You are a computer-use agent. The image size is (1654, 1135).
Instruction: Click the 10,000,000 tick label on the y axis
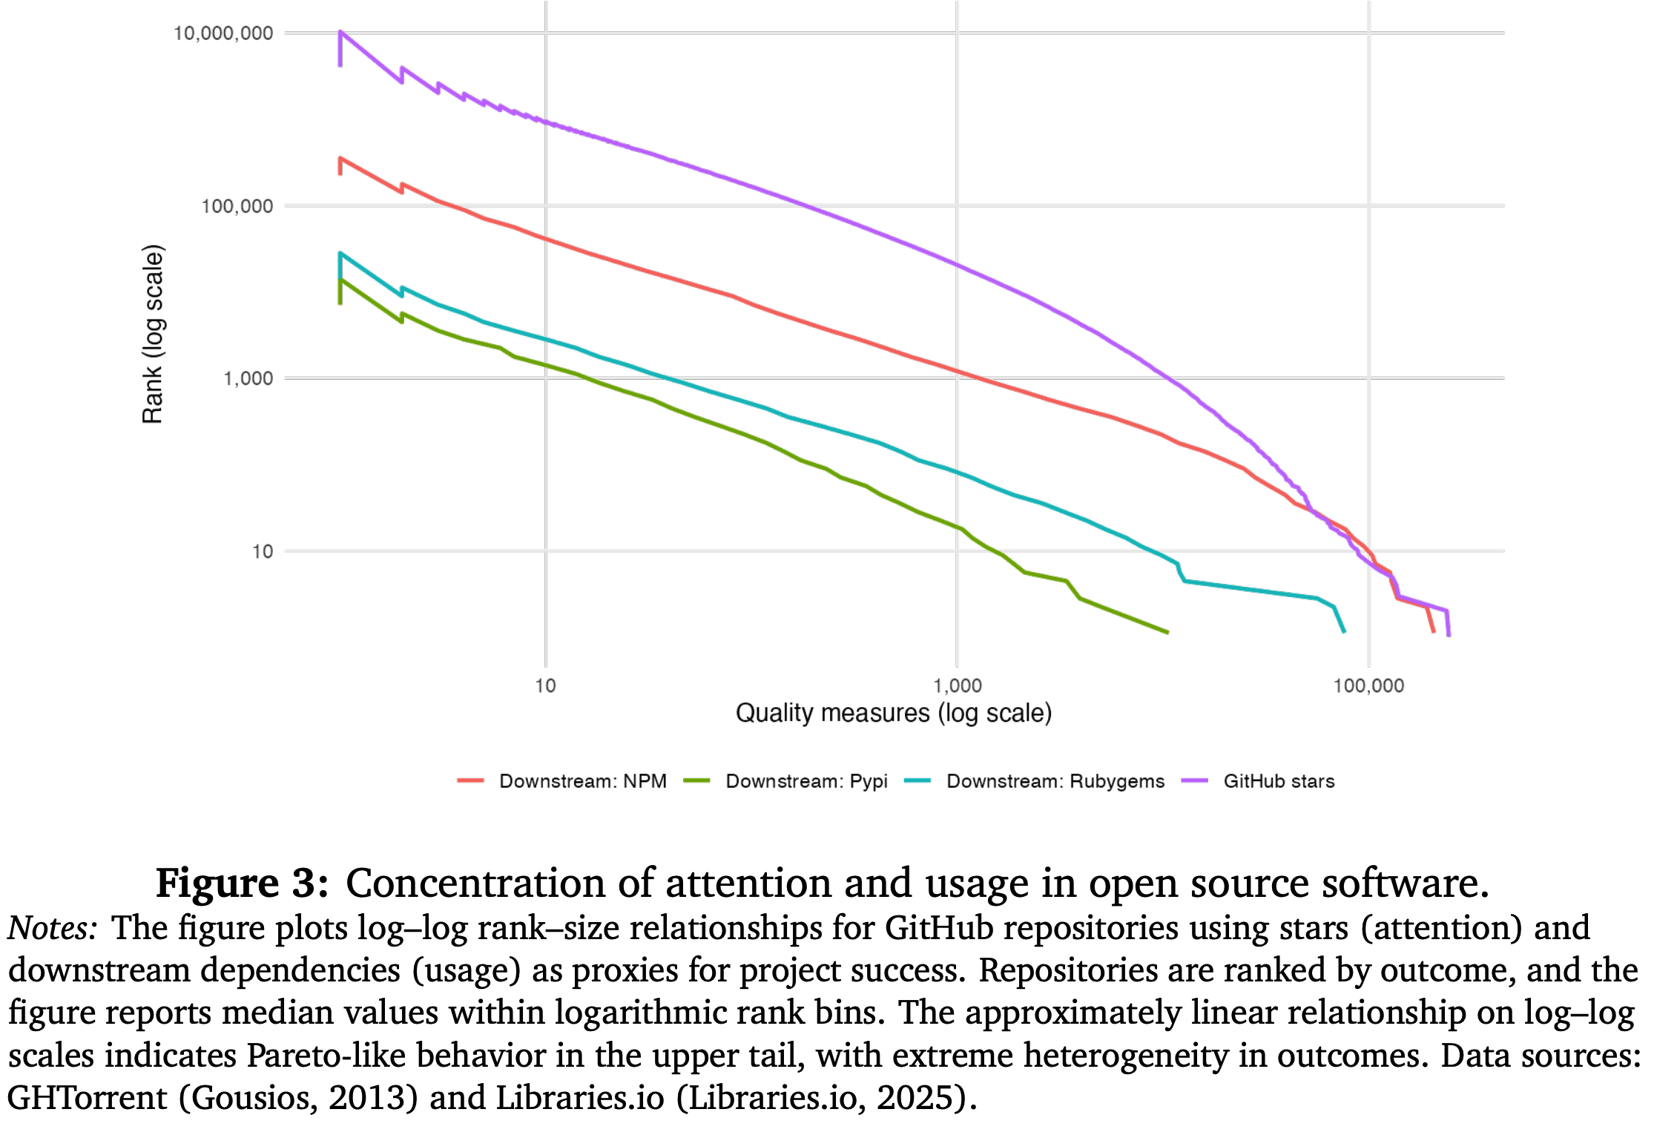[x=223, y=33]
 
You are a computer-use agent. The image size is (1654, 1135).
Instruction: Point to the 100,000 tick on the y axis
[x=237, y=206]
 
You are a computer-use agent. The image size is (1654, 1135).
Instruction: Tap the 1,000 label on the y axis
[x=248, y=379]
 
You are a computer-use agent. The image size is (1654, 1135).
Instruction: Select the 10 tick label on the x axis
[x=545, y=685]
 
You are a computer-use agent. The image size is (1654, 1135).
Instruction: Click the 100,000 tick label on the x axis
[x=1368, y=685]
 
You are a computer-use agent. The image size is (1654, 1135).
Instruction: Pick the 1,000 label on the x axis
[x=957, y=685]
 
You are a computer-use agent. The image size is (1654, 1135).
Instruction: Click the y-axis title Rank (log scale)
[x=152, y=334]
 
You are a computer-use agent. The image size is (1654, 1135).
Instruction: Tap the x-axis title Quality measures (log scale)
[x=893, y=713]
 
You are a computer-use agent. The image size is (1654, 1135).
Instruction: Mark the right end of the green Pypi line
[x=1167, y=632]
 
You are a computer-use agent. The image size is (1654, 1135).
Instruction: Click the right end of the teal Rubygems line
[x=1344, y=631]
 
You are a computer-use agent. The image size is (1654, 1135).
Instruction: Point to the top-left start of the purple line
[x=340, y=32]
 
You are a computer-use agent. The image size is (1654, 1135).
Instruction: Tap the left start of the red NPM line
[x=340, y=159]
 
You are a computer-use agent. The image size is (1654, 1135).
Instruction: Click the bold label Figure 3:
[x=242, y=883]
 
